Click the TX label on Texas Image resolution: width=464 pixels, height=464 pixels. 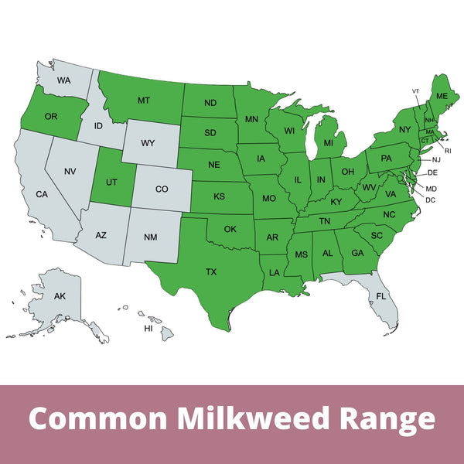[211, 271]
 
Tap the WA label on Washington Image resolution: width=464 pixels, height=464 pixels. [63, 80]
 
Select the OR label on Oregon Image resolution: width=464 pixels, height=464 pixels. [51, 116]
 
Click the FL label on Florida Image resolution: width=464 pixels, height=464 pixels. [380, 296]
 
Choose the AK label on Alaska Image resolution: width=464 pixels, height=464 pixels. [60, 296]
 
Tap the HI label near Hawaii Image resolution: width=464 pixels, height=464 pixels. [148, 329]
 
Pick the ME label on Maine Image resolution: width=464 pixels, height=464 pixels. [442, 96]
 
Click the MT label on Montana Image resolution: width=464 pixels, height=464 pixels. [143, 101]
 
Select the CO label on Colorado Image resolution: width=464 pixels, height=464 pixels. [161, 189]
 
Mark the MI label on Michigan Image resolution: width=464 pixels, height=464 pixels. [329, 143]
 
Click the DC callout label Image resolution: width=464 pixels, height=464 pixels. [431, 200]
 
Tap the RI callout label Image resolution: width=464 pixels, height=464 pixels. [447, 151]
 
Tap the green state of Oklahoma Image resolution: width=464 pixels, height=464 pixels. [230, 229]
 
